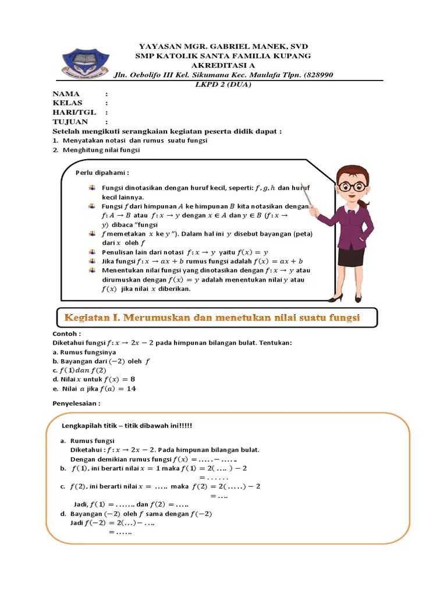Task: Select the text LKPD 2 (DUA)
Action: [x=223, y=84]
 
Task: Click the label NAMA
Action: [x=66, y=94]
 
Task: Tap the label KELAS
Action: [x=68, y=103]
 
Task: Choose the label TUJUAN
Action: [x=70, y=122]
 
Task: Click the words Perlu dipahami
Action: [x=102, y=173]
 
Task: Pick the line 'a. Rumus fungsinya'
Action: [x=84, y=352]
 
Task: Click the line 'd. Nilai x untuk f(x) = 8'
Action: [x=94, y=380]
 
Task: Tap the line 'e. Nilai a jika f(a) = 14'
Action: [x=94, y=389]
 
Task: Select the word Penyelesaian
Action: [x=76, y=403]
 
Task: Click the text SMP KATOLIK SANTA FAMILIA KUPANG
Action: [x=223, y=56]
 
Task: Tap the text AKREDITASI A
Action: [x=223, y=65]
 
